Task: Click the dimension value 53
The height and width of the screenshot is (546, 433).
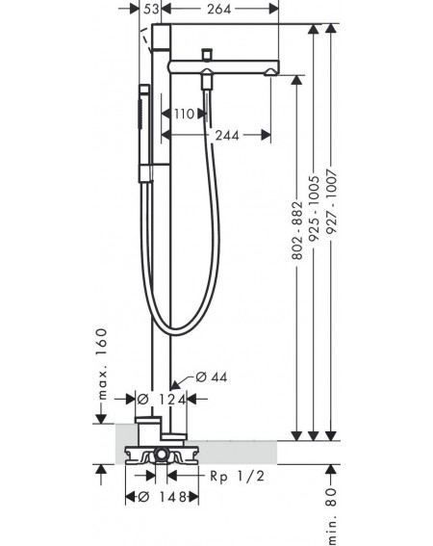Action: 151,9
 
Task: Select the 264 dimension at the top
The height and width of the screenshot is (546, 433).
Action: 219,9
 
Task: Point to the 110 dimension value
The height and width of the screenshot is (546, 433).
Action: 184,114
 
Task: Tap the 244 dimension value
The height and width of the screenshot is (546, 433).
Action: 227,135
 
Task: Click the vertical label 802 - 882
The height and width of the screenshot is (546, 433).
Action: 297,230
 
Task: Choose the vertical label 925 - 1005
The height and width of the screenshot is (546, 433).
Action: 315,208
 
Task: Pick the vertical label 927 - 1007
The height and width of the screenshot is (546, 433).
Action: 331,201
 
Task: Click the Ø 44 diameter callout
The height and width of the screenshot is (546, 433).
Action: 212,377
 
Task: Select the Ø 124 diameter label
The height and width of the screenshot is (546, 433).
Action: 162,400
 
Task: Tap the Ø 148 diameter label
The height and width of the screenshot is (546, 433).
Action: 163,497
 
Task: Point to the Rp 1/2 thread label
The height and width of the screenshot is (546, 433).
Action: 237,476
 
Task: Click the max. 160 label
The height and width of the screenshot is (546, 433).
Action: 102,363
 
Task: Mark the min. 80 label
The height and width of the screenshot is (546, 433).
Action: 331,516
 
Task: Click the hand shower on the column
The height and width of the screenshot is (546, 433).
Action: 144,133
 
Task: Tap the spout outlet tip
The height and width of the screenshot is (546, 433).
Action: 271,72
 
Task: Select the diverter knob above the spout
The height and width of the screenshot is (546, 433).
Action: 208,54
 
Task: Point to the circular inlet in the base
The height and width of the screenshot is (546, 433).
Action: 161,455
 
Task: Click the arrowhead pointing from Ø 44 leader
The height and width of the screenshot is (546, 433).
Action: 175,385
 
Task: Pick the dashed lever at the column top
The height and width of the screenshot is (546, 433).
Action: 146,40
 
